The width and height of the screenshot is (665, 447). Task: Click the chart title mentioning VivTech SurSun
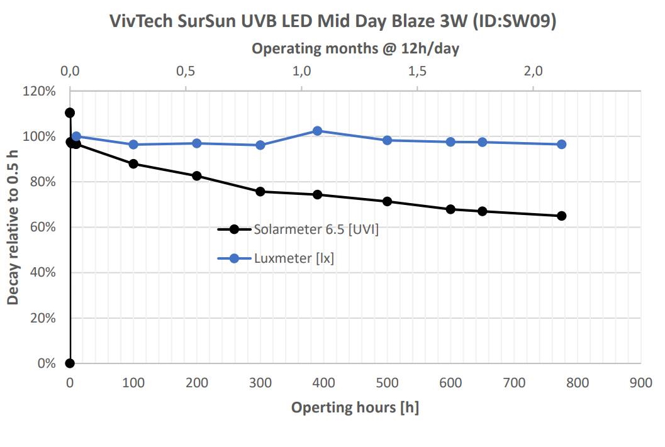pos(333,21)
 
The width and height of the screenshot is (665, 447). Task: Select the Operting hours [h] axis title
pos(355,407)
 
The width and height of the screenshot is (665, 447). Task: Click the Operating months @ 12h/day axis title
pos(355,48)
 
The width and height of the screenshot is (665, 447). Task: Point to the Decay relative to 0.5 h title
pos(13,227)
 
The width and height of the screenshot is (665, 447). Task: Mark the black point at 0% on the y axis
pos(70,363)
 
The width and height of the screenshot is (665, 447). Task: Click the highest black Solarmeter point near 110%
pos(70,113)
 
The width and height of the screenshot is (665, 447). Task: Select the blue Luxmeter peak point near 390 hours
pos(318,131)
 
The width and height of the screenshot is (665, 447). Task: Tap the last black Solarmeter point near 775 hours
pos(562,216)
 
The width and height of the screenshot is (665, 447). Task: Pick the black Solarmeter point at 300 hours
pos(260,191)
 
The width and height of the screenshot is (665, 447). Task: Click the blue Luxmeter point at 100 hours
pos(133,145)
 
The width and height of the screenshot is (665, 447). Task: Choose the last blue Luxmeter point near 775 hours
pos(562,144)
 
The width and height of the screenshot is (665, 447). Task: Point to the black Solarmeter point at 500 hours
pos(388,201)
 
